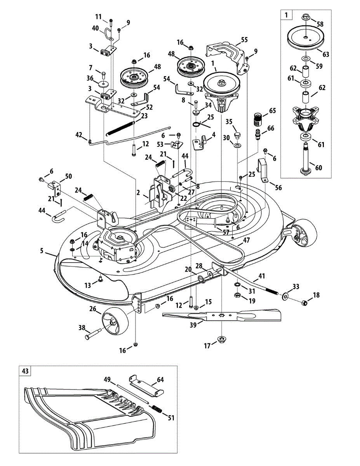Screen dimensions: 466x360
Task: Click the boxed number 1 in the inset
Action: click(286, 16)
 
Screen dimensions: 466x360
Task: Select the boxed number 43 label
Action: click(25, 371)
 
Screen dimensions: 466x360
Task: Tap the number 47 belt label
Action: click(246, 241)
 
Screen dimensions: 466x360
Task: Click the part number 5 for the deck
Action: click(42, 250)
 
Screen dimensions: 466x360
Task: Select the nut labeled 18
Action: click(306, 303)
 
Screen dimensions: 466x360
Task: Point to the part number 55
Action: click(244, 39)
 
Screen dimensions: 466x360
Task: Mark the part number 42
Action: click(79, 135)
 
